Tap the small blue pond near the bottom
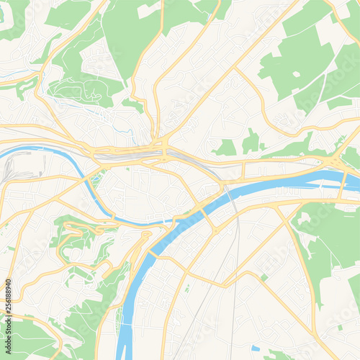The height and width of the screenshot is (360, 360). (255, 348)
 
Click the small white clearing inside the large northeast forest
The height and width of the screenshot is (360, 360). (296, 73)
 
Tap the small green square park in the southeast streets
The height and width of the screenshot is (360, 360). (264, 277)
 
